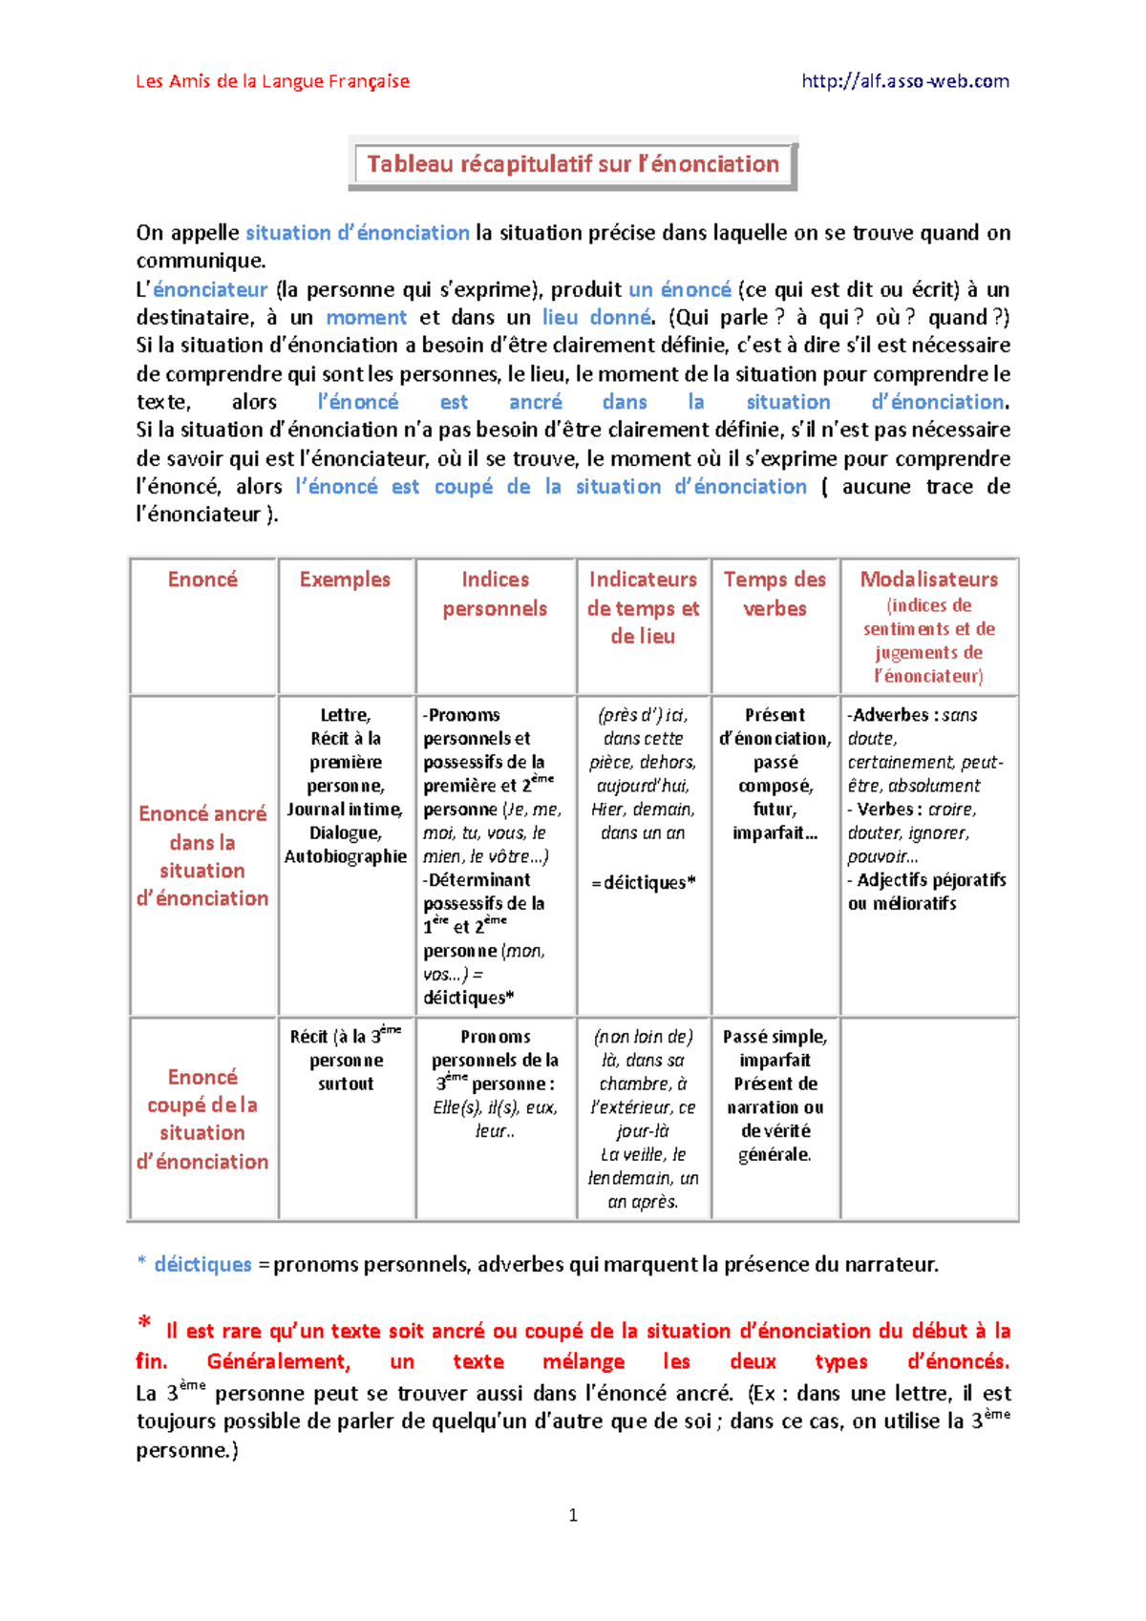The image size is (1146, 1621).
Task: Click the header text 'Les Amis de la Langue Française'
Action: pyautogui.click(x=272, y=81)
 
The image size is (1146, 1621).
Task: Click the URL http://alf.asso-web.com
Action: pyautogui.click(x=905, y=81)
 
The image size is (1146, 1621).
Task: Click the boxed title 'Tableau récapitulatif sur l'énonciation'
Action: pyautogui.click(x=573, y=164)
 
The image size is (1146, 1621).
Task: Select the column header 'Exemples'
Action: pyautogui.click(x=345, y=579)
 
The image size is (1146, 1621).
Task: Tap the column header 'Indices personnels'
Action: pyautogui.click(x=495, y=594)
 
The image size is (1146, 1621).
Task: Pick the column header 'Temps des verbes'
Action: pyautogui.click(x=775, y=594)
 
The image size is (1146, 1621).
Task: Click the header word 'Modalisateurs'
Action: pyautogui.click(x=928, y=579)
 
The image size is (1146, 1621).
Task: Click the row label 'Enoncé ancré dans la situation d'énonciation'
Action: pyautogui.click(x=202, y=855)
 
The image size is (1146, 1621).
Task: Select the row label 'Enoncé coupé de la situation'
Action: pyautogui.click(x=202, y=1118)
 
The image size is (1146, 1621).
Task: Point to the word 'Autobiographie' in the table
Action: pyautogui.click(x=346, y=856)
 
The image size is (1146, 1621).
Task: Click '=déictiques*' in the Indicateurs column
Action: pyautogui.click(x=643, y=883)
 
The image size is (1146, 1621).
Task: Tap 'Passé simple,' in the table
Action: pyautogui.click(x=775, y=1037)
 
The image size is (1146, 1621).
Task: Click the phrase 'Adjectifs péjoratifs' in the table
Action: pyautogui.click(x=931, y=880)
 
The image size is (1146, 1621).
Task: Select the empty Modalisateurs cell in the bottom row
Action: pyautogui.click(x=928, y=1118)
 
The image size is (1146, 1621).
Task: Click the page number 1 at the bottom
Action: pyautogui.click(x=573, y=1515)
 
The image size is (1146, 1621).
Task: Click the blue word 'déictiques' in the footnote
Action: pyautogui.click(x=202, y=1265)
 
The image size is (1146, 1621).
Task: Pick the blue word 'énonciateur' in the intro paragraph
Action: pyautogui.click(x=210, y=289)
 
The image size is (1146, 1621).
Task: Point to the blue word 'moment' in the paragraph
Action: pyautogui.click(x=366, y=318)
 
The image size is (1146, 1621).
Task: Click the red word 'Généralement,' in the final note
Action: pyautogui.click(x=279, y=1361)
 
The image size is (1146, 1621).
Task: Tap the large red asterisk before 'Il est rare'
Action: pyautogui.click(x=144, y=1322)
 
